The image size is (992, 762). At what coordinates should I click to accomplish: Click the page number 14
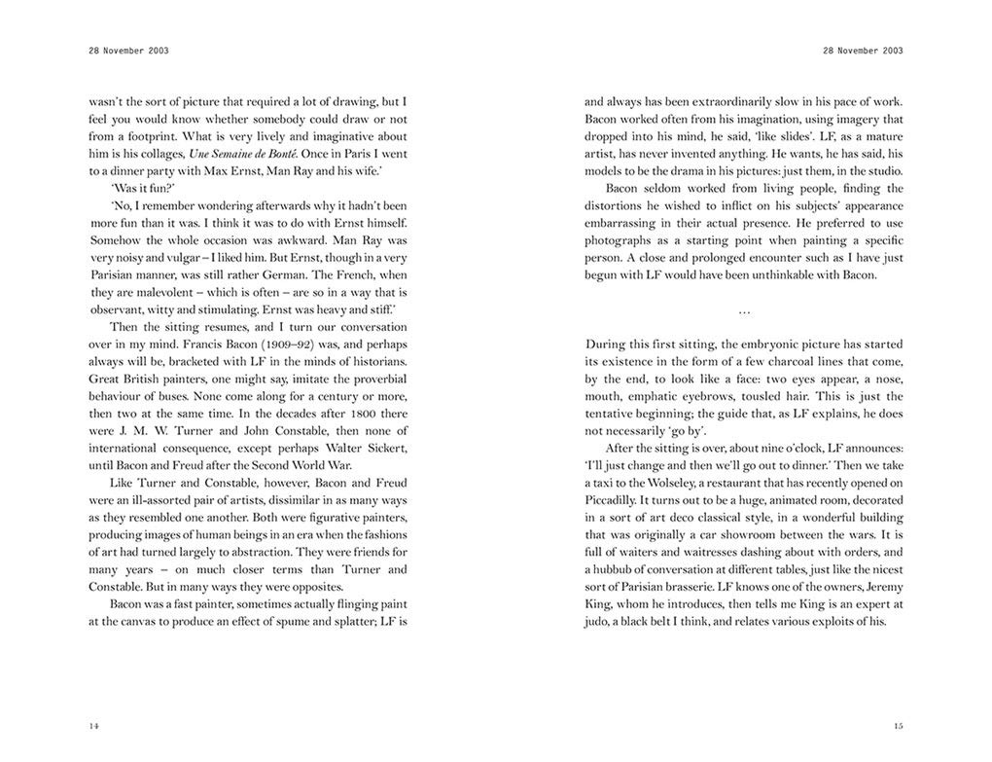[x=93, y=726]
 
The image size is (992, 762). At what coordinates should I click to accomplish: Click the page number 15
[x=898, y=726]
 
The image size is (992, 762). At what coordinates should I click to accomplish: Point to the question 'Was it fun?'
[x=142, y=188]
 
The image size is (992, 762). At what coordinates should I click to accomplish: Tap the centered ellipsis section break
[x=744, y=309]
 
